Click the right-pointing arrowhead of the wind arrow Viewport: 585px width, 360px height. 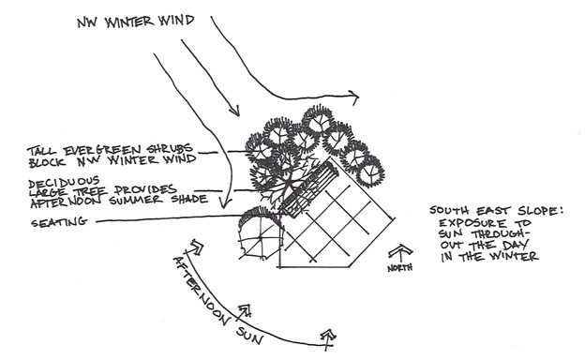[356, 95]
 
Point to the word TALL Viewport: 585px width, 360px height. [42, 148]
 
